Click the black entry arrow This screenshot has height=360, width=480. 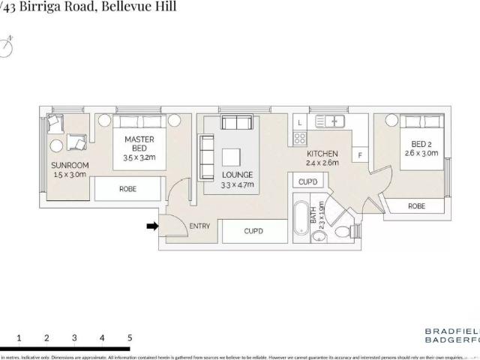(x=151, y=225)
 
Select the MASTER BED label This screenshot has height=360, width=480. (x=139, y=143)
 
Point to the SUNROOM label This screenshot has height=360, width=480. (x=70, y=165)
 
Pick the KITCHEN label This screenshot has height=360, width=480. (x=322, y=153)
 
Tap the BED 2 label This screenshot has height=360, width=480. (x=420, y=143)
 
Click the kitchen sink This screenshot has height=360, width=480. (x=330, y=120)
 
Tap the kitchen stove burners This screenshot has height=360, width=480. (x=299, y=138)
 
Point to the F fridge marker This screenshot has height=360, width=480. (x=361, y=156)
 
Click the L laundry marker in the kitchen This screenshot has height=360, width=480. (x=298, y=121)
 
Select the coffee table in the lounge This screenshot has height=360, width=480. (x=232, y=156)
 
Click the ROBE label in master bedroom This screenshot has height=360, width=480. (x=128, y=190)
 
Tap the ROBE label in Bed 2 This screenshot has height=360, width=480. (x=416, y=205)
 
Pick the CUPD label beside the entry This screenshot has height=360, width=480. (x=254, y=231)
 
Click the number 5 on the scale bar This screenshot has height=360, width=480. (x=130, y=338)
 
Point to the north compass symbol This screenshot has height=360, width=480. (x=9, y=44)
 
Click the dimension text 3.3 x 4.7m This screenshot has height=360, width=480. (x=238, y=184)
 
